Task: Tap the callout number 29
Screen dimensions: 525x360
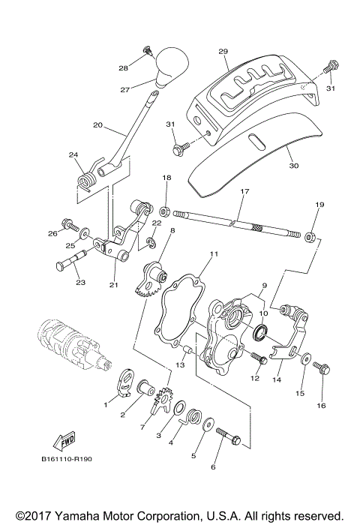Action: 223,52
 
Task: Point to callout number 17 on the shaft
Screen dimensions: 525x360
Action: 244,193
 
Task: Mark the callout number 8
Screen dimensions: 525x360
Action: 172,232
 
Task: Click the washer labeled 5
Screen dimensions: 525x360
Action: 206,424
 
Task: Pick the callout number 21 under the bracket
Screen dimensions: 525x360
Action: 113,285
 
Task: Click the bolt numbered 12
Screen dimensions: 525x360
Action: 258,358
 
